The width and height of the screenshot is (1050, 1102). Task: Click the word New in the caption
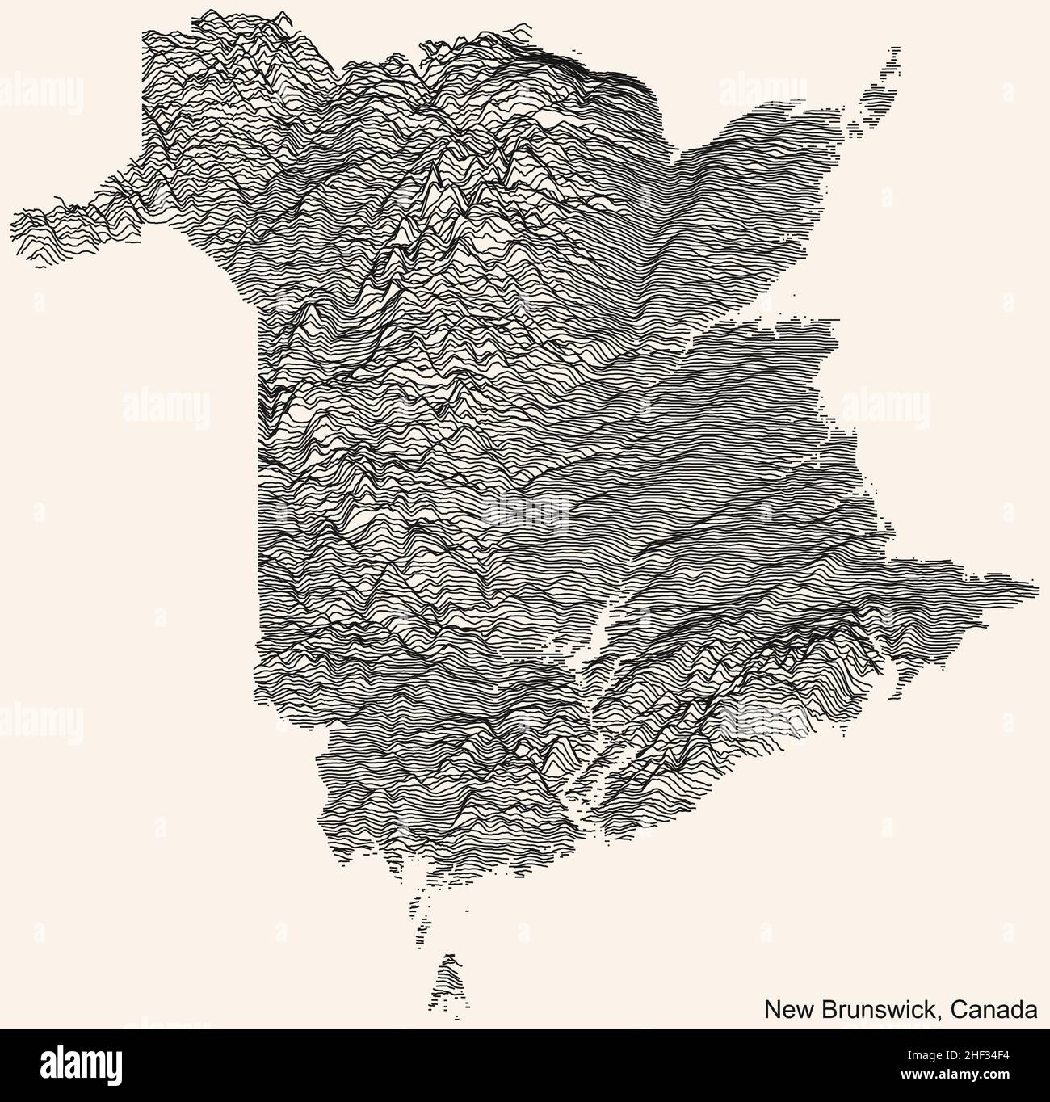click(x=783, y=1010)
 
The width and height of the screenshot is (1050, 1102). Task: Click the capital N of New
click(x=771, y=1010)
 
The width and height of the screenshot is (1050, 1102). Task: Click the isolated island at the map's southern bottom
click(x=450, y=981)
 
